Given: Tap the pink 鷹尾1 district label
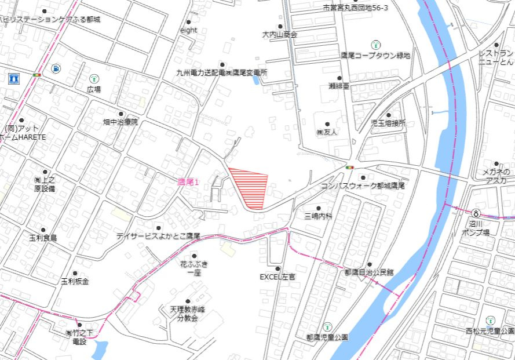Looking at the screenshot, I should tap(188, 182).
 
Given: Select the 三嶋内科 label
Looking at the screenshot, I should tap(318, 216).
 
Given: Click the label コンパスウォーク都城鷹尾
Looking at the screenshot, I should tap(363, 186).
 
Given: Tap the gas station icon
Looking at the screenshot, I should tap(55, 68).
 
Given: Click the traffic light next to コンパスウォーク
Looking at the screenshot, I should tap(349, 168).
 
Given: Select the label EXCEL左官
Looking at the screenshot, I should tap(277, 277).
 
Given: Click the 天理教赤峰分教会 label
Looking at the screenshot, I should tap(188, 314).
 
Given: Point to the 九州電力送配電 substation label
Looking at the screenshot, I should tap(222, 73).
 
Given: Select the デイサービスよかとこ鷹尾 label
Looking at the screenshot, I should tap(158, 236).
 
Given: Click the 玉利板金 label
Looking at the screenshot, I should tap(75, 281).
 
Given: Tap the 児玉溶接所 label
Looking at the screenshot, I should tap(388, 123).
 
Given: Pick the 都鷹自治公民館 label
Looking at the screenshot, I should tap(368, 272).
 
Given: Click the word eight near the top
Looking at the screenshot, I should tap(189, 30).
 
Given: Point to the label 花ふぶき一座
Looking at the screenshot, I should tap(193, 268).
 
